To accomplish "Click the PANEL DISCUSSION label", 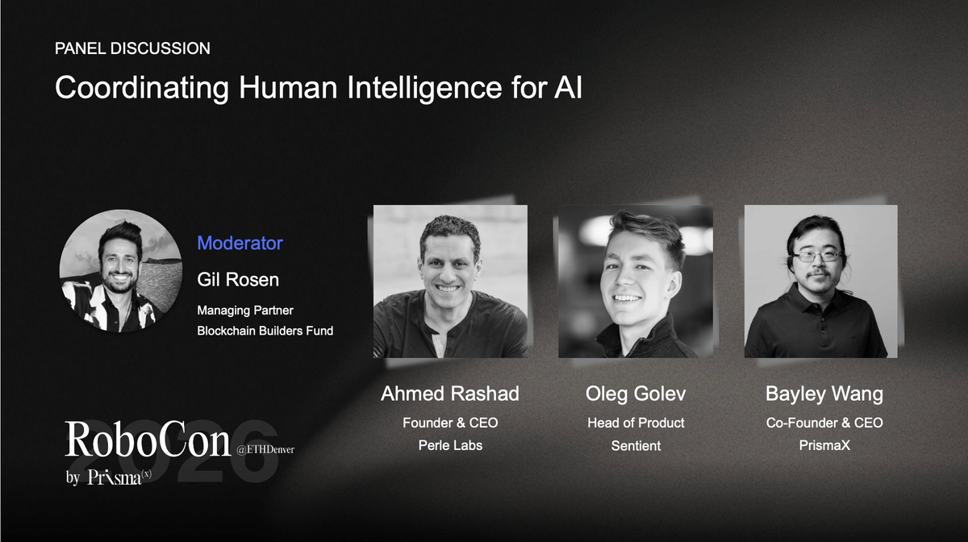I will click(132, 48).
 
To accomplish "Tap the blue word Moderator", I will click(240, 243).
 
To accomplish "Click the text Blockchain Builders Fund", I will click(265, 331).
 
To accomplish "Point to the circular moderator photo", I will click(120, 271).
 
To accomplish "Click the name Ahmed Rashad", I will click(449, 394).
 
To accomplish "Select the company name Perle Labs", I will click(449, 445).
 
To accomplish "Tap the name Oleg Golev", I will click(635, 394).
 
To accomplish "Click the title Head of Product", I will click(635, 423).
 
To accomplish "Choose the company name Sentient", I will click(635, 445).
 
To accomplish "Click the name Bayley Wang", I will click(824, 394).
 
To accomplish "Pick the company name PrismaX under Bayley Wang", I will click(824, 445).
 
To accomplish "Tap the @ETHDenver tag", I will click(265, 450).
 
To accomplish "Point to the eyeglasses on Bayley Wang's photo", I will click(816, 256).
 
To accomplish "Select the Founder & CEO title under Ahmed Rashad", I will click(449, 423).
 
